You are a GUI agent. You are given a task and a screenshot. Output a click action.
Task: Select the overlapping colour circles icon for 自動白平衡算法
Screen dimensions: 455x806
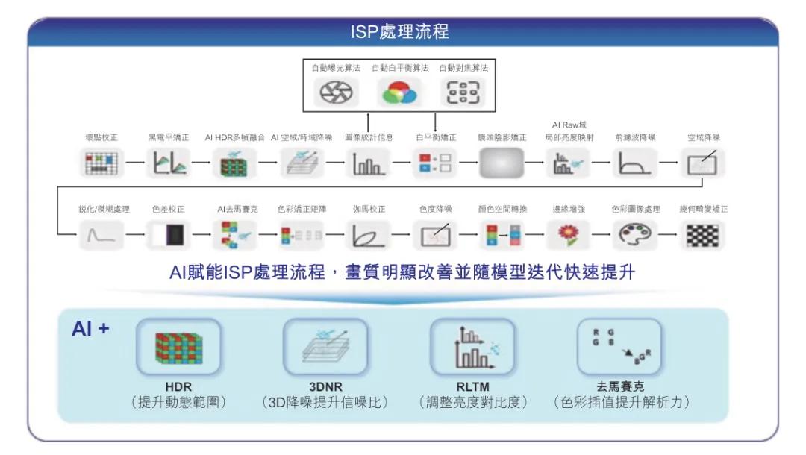click(399, 92)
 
